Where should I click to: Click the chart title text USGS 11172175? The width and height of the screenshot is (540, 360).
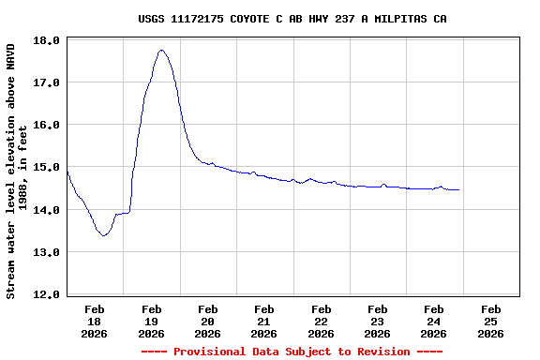[x=292, y=19]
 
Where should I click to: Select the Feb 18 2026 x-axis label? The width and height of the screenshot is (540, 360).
[x=95, y=321]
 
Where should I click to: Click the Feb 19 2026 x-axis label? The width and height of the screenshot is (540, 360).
[x=151, y=321]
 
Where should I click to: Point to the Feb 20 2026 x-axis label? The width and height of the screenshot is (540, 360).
[x=207, y=321]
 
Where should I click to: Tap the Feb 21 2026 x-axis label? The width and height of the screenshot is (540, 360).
[x=264, y=321]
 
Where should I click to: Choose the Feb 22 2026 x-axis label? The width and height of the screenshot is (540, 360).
[x=321, y=321]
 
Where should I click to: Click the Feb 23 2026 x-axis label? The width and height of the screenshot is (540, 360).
[x=377, y=321]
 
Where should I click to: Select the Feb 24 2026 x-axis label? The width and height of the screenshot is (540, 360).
[x=433, y=321]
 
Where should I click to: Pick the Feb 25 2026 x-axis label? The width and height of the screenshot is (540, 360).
[x=490, y=321]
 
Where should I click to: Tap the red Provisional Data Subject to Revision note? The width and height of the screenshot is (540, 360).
[x=292, y=352]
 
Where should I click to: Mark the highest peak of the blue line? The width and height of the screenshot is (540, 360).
[x=161, y=51]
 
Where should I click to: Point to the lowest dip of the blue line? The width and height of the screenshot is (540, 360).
[x=103, y=235]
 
